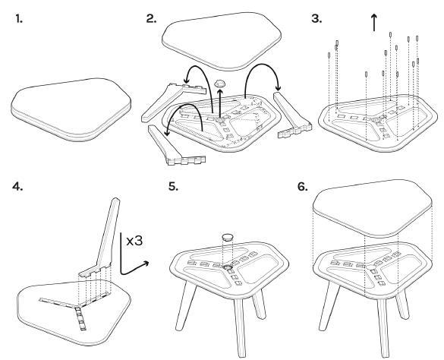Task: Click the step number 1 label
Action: (x=19, y=19)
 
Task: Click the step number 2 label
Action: (x=151, y=19)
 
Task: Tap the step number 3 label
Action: (x=316, y=19)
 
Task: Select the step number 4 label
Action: (x=17, y=187)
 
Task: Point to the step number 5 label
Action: (x=173, y=187)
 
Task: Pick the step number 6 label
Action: (x=303, y=187)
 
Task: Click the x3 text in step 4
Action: (x=134, y=241)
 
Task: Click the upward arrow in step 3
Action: (x=374, y=23)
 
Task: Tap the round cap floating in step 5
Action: (x=228, y=237)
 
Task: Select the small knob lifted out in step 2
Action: (x=220, y=84)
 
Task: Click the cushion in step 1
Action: (x=71, y=109)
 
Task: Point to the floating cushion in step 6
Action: (x=373, y=208)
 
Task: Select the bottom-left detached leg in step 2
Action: (x=173, y=146)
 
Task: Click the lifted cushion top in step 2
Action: (x=222, y=41)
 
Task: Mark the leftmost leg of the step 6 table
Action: (x=329, y=305)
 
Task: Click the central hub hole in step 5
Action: (x=227, y=267)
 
